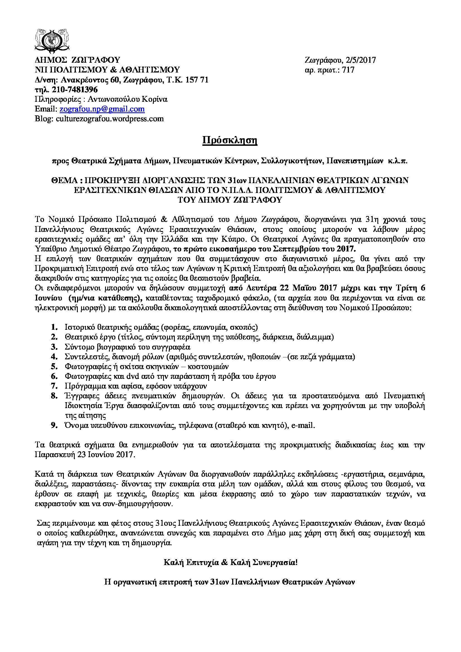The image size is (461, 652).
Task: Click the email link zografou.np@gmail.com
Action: tap(102, 109)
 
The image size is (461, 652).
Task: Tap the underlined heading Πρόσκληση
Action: tap(230, 140)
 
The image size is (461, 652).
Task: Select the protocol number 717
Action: tap(348, 70)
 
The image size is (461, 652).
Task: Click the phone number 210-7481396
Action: tap(75, 90)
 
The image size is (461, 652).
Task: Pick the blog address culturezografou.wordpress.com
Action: tap(110, 119)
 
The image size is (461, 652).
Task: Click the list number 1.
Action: tap(54, 327)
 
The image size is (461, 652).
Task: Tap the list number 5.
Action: tap(54, 366)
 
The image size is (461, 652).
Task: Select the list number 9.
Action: tap(54, 425)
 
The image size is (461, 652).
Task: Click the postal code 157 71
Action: tap(197, 80)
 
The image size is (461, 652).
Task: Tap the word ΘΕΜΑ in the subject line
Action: tap(64, 180)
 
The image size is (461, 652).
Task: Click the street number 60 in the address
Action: tap(115, 80)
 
